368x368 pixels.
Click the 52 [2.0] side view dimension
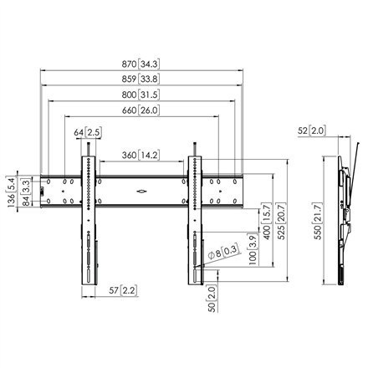coord(313,132)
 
